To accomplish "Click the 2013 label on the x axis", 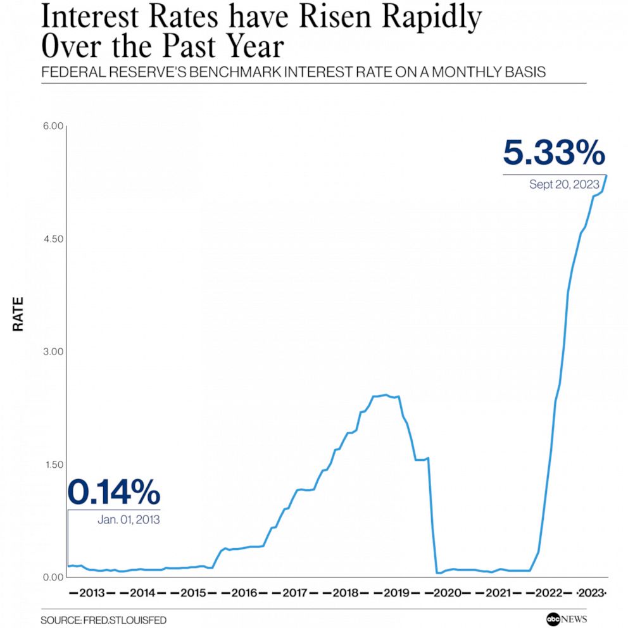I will (92, 593).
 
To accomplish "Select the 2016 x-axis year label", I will (244, 593).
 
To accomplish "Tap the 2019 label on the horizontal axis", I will (396, 593).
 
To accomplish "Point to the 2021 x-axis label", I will (498, 593).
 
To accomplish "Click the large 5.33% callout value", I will (554, 154).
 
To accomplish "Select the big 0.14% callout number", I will (114, 492).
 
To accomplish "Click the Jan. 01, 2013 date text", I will (129, 520).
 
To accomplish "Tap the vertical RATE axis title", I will (18, 314).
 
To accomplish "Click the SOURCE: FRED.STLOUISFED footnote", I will (104, 620).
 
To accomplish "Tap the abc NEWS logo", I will (558, 619).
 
